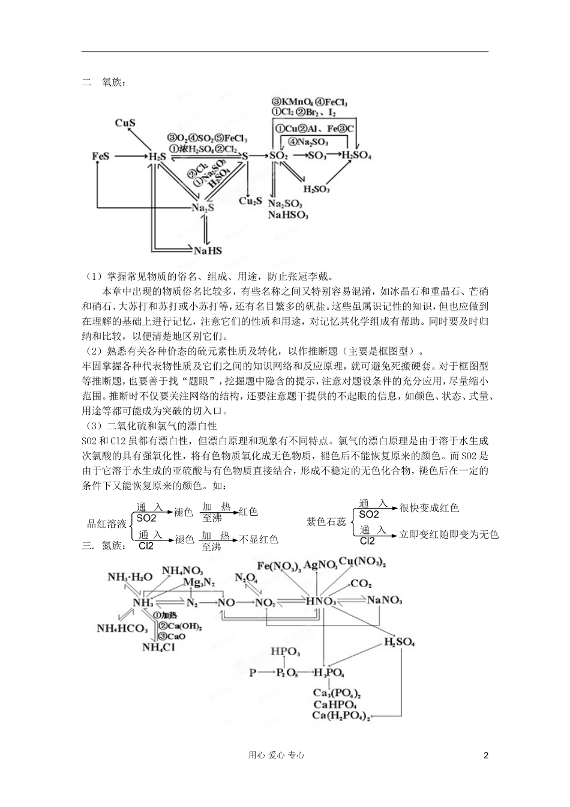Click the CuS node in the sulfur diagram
tap(125, 123)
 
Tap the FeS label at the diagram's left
tap(101, 156)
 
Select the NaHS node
tap(208, 251)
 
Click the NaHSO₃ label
tap(288, 214)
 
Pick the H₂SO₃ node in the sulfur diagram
tap(316, 189)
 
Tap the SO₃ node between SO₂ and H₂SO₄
tap(317, 156)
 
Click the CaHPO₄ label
tap(335, 704)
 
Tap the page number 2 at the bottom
tap(486, 755)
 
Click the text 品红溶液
tap(107, 524)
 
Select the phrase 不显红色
tap(259, 539)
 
